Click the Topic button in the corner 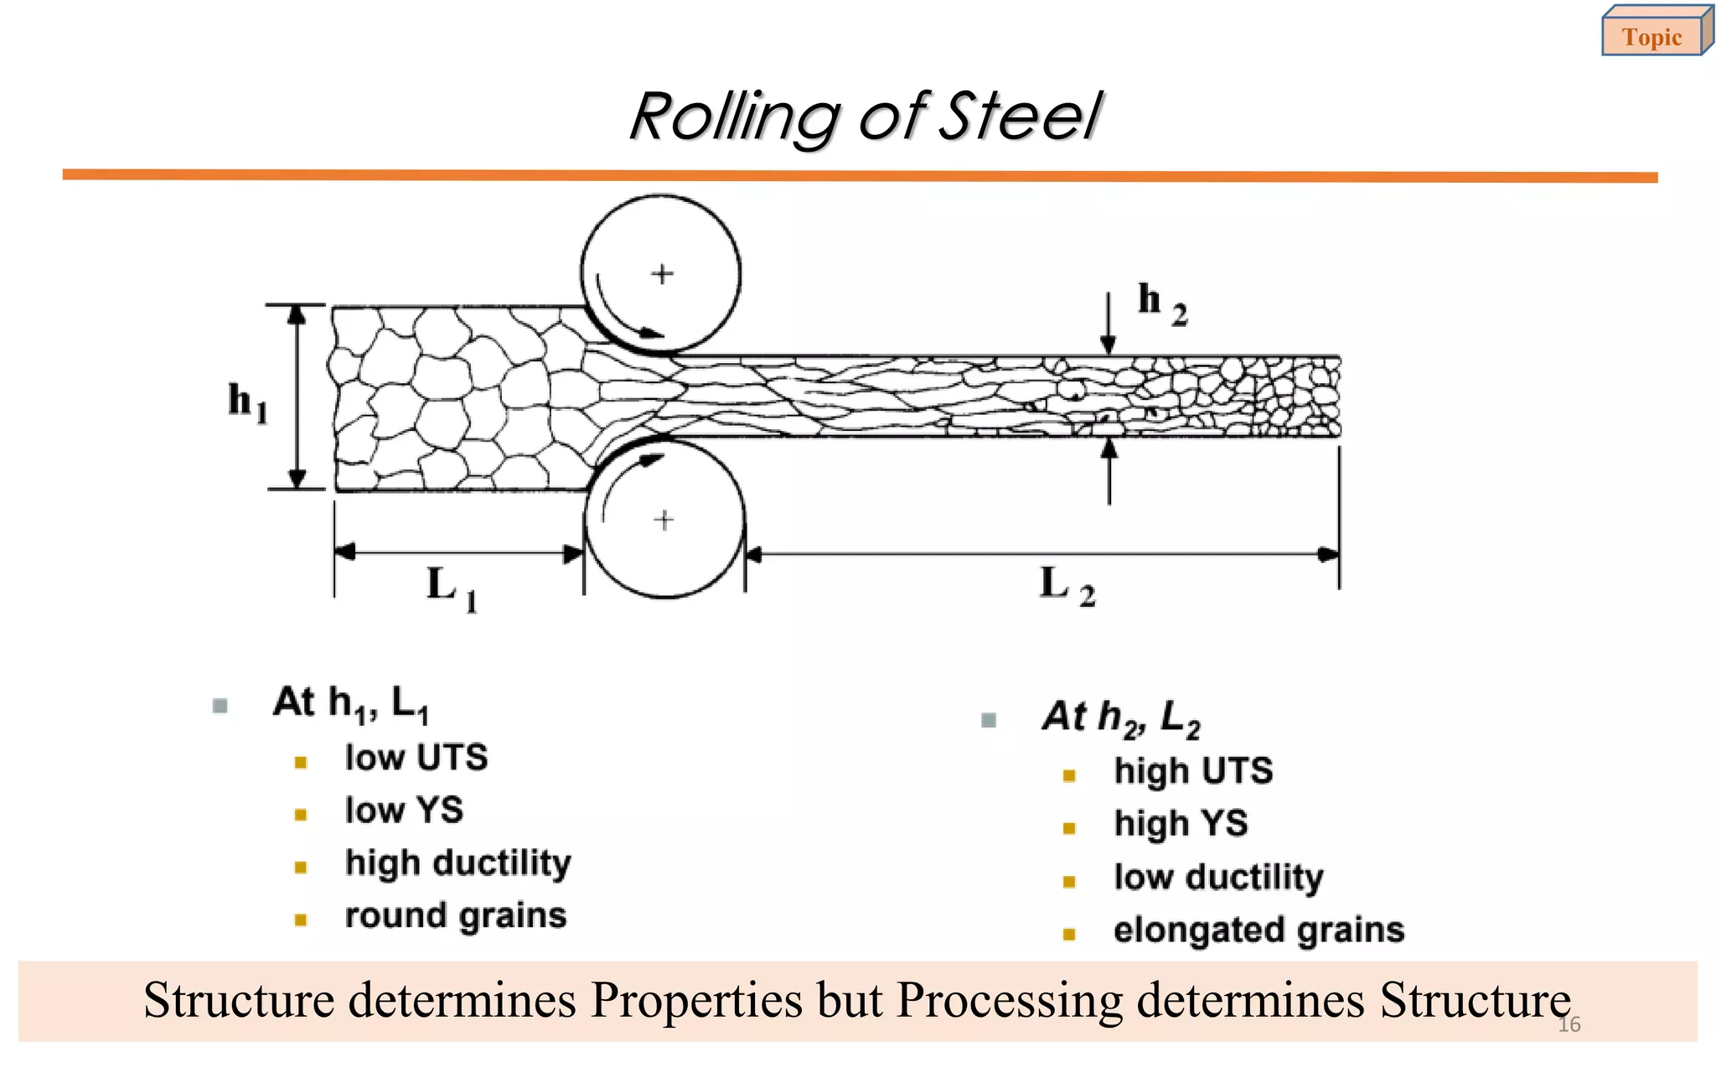click(x=1652, y=37)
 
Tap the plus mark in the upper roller click(x=663, y=274)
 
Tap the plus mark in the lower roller click(x=664, y=521)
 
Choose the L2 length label click(x=1067, y=585)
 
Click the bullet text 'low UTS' click(x=416, y=758)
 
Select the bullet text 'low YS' click(x=404, y=811)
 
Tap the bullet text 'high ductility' click(x=458, y=863)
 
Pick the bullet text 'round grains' click(x=456, y=915)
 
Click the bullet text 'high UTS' click(x=1193, y=771)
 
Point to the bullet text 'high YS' click(x=1181, y=824)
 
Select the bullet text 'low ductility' click(x=1218, y=878)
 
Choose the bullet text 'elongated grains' click(x=1259, y=930)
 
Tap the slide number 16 click(x=1569, y=1024)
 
